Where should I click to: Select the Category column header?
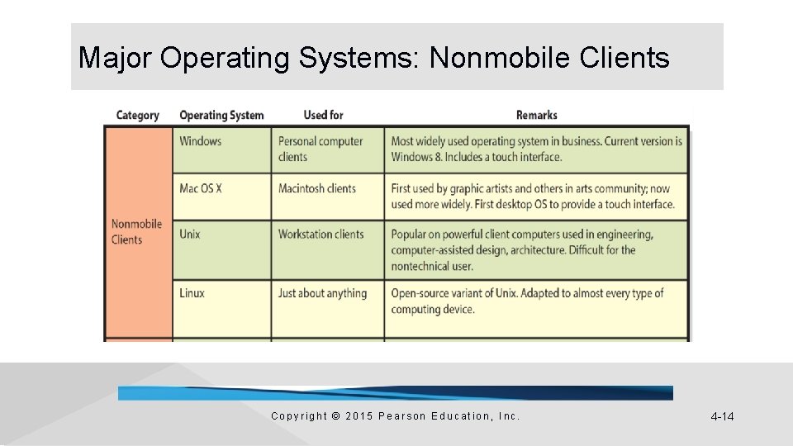click(x=137, y=115)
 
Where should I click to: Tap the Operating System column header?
click(x=221, y=115)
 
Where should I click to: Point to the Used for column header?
click(x=323, y=115)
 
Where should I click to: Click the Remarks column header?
click(x=536, y=115)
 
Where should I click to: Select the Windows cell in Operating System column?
click(x=201, y=141)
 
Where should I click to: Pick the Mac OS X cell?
click(x=201, y=188)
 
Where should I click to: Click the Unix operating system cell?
click(x=190, y=235)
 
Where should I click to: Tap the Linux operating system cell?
click(x=192, y=293)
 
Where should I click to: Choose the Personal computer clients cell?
click(x=321, y=149)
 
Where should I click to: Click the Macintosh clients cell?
click(x=317, y=188)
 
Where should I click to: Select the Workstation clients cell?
click(x=321, y=235)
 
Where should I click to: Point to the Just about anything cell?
click(x=322, y=293)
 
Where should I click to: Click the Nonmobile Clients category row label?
click(x=136, y=232)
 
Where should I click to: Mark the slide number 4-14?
click(x=722, y=416)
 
